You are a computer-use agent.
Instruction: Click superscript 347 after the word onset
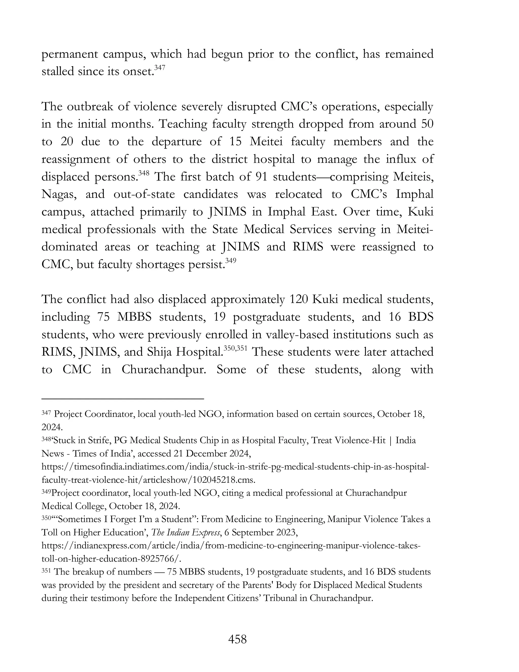pyautogui.click(x=160, y=68)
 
